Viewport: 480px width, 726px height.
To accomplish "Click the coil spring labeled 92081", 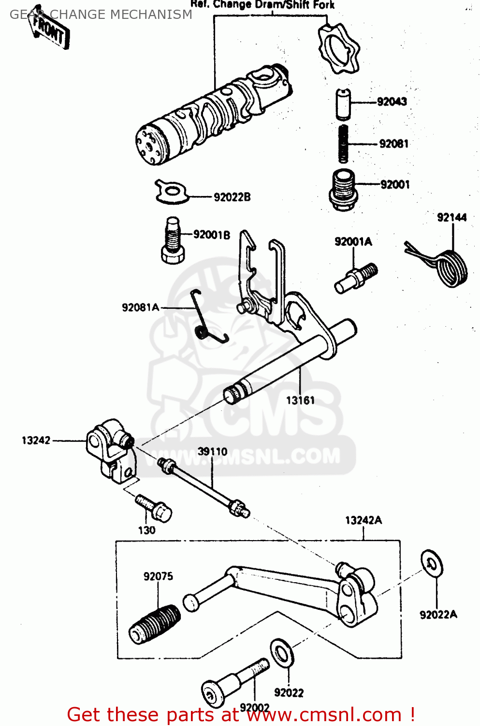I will [x=343, y=144].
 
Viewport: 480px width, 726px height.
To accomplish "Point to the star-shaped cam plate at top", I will [x=338, y=49].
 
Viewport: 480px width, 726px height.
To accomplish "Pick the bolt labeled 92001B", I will [x=173, y=240].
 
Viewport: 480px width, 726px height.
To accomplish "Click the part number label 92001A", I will [x=353, y=242].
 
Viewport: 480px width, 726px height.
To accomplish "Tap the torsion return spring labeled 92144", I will [x=447, y=266].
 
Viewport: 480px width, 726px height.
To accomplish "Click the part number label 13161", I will [x=300, y=400].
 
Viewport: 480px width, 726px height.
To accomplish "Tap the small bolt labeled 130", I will [x=155, y=508].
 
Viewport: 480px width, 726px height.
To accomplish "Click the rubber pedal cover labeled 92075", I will [x=155, y=624].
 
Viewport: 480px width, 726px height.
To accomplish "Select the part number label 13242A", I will [x=363, y=520].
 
